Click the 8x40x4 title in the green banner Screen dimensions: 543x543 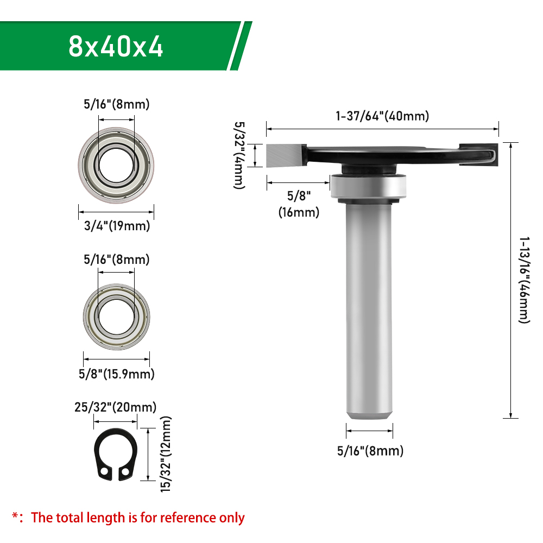coord(116,46)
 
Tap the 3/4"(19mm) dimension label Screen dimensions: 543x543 coord(117,226)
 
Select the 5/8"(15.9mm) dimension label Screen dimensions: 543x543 coord(116,374)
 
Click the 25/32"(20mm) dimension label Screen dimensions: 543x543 coord(115,407)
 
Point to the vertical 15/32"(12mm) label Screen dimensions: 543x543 coord(166,454)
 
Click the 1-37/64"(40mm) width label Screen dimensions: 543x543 coord(382,116)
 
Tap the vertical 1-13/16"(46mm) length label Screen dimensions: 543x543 coord(525,280)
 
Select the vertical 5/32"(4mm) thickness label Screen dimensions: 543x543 coord(239,155)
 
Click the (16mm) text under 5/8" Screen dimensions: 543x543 coord(299,212)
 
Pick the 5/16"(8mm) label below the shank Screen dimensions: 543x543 coord(370,451)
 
